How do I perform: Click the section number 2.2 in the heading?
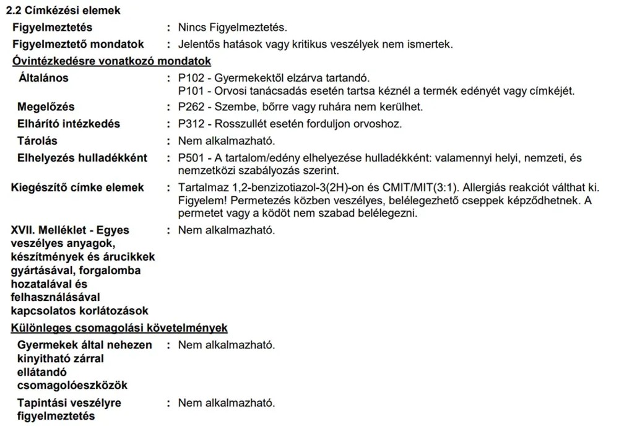coord(13,11)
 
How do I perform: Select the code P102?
coord(189,78)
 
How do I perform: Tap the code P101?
coord(189,91)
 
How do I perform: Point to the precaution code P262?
coord(189,107)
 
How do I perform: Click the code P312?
coord(189,124)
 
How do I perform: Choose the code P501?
coord(189,158)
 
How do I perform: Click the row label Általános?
coord(43,78)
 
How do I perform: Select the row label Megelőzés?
coord(47,107)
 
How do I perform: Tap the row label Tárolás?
coord(37,140)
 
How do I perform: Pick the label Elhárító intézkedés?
coord(69,124)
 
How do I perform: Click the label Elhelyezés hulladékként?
coord(82,158)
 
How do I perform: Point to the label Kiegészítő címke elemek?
coord(77,188)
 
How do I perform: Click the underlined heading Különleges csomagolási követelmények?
coord(119,328)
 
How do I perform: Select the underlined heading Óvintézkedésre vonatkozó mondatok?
coord(111,61)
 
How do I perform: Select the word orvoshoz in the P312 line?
coord(381,124)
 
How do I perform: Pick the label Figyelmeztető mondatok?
coord(78,45)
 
